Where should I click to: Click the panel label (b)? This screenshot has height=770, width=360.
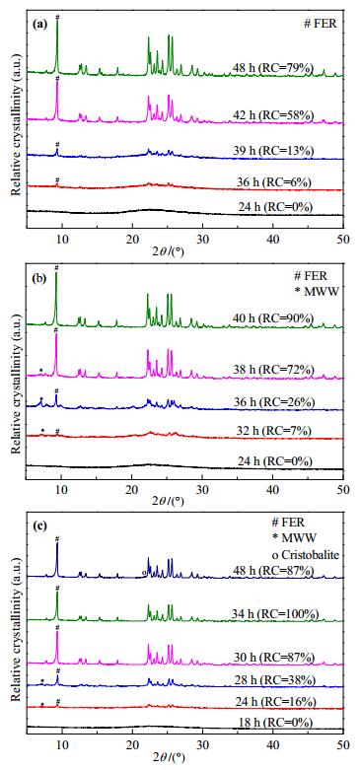coord(39,280)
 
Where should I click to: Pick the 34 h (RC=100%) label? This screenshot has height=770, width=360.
coord(274,615)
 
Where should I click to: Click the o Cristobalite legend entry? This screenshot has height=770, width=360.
coord(305,554)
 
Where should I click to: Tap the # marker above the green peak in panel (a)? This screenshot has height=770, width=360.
coord(57,17)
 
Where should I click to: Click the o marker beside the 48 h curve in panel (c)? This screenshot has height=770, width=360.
coord(144,573)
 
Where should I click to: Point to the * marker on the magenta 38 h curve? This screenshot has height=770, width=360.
coord(41,370)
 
